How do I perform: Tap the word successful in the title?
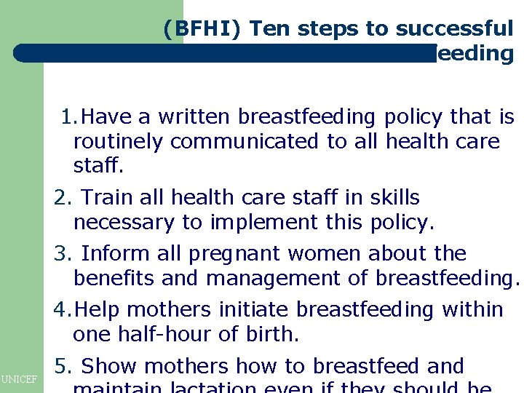455,29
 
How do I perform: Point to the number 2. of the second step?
61,197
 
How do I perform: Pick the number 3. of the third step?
61,253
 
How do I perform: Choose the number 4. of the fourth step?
63,309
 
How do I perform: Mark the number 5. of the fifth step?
61,365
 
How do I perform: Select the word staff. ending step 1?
98,166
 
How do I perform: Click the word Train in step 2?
106,197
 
